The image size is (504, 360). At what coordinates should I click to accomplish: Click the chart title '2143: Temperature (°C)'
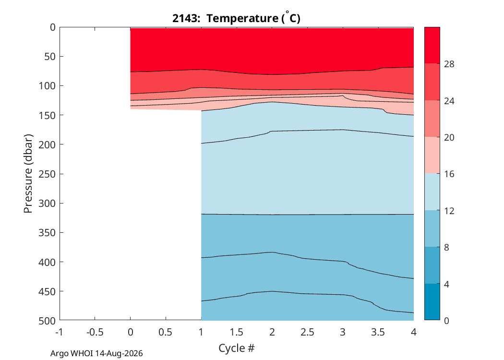pyautogui.click(x=236, y=18)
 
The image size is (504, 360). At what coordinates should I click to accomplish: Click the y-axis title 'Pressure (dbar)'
pyautogui.click(x=28, y=174)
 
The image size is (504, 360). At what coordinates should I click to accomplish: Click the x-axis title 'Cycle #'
pyautogui.click(x=237, y=348)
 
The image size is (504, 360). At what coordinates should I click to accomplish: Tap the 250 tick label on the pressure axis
pyautogui.click(x=47, y=174)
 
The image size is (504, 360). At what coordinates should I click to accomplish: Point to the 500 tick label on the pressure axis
pyautogui.click(x=47, y=321)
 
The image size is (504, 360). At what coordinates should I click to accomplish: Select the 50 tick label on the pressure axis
pyautogui.click(x=50, y=56)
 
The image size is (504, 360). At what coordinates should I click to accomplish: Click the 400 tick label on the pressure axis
pyautogui.click(x=47, y=262)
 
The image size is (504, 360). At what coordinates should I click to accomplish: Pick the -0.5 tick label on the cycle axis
pyautogui.click(x=95, y=332)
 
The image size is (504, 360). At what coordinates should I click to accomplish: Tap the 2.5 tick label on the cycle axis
pyautogui.click(x=307, y=332)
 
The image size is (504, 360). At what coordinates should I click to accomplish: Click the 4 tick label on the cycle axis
pyautogui.click(x=414, y=332)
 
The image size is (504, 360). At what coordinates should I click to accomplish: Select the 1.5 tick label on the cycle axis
pyautogui.click(x=236, y=332)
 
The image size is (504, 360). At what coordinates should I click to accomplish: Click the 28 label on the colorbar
pyautogui.click(x=449, y=64)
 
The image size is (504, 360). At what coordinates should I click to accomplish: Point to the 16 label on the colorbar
pyautogui.click(x=449, y=174)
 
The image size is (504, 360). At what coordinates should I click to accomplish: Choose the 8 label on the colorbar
pyautogui.click(x=446, y=248)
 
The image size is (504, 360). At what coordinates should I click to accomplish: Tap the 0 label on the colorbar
pyautogui.click(x=446, y=321)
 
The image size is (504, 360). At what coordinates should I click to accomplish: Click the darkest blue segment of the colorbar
pyautogui.click(x=432, y=302)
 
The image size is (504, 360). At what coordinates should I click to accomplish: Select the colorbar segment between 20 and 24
pyautogui.click(x=432, y=119)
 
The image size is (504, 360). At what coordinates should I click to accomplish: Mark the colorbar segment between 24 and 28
pyautogui.click(x=432, y=82)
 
